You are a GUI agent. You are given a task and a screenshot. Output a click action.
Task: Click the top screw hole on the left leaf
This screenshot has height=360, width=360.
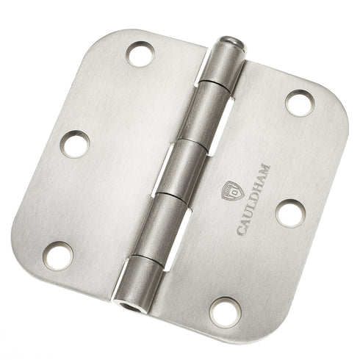(x=140, y=54)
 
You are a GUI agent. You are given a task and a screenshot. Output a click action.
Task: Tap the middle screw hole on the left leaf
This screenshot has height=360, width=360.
(x=75, y=144)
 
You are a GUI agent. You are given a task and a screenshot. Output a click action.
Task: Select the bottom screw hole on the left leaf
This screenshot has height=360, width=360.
(x=58, y=256)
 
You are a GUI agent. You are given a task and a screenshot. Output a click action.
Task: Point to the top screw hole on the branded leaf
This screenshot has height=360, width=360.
(x=300, y=103)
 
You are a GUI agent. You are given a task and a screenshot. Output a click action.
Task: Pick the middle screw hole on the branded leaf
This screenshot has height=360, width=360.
(x=290, y=214)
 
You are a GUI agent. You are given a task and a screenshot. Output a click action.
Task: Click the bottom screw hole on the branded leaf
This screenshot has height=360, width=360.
(x=226, y=312)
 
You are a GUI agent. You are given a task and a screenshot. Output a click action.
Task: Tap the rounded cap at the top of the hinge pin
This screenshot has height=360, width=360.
(x=231, y=43)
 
